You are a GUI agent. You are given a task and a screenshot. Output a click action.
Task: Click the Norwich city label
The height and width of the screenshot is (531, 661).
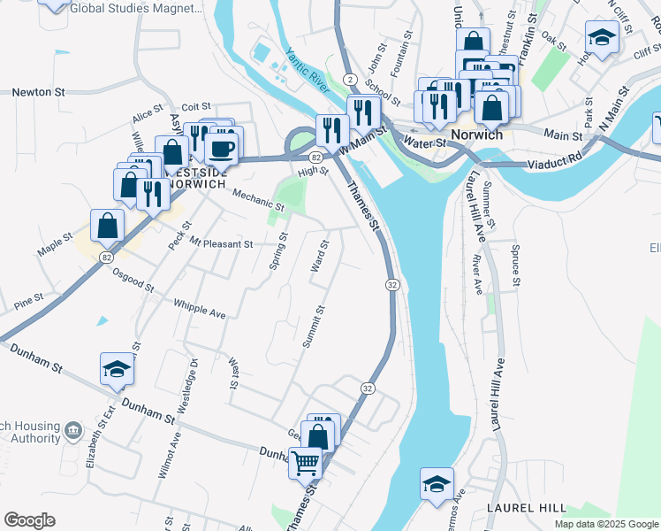(476, 135)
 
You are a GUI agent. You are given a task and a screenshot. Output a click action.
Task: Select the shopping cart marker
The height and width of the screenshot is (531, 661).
(306, 462)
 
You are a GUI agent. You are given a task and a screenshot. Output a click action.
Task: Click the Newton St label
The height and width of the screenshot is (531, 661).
(38, 91)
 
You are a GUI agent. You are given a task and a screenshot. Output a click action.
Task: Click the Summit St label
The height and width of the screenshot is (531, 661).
(314, 327)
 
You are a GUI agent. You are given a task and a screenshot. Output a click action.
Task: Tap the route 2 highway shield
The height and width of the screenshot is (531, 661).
(350, 80)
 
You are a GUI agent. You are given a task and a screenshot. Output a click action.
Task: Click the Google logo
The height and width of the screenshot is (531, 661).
(29, 520)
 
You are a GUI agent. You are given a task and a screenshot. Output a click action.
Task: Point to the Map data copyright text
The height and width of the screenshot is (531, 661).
(605, 524)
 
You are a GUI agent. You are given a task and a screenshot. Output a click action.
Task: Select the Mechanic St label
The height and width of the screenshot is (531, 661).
(259, 199)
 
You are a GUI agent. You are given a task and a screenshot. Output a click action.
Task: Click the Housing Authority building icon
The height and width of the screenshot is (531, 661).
(73, 430)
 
